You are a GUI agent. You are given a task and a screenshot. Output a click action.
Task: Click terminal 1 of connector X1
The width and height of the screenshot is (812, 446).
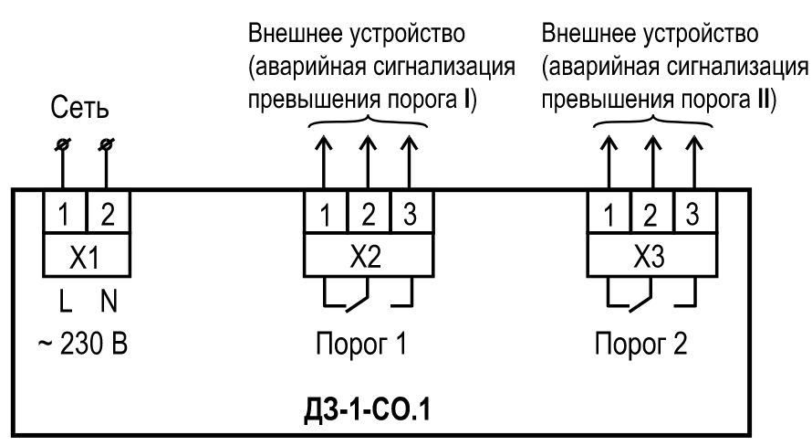64,213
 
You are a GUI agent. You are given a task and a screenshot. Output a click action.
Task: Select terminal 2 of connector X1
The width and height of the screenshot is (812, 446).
108,213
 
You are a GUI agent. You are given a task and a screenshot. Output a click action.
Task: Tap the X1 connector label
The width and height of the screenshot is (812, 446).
85,257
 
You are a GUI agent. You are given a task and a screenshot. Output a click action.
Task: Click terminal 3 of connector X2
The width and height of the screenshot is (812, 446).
411,213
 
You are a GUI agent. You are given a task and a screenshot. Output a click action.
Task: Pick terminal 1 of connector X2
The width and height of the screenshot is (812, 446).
325,213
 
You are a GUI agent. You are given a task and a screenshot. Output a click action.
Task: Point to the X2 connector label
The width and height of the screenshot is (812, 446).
366,256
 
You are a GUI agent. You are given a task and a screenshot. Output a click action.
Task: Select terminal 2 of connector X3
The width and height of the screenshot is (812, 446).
651,213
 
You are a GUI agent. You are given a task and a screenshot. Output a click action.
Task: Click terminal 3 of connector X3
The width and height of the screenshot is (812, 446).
694,213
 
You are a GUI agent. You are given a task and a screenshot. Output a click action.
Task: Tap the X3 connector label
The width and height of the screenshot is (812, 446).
650,256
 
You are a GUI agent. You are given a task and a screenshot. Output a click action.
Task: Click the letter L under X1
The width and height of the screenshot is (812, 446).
65,302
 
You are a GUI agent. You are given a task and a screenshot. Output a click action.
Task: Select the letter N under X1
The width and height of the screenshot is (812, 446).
109,302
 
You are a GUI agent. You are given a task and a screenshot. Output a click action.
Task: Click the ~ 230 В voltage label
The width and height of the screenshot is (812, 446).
83,344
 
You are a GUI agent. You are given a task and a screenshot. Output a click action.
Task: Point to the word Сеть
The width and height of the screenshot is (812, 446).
79,108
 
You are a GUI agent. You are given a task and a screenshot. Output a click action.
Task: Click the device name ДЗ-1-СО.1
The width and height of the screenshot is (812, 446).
367,410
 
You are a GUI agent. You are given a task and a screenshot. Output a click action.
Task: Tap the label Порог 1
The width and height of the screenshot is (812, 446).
361,344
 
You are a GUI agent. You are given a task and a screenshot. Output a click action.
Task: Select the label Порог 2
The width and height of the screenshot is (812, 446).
640,344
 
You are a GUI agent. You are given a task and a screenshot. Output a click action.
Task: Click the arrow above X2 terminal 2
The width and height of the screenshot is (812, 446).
367,161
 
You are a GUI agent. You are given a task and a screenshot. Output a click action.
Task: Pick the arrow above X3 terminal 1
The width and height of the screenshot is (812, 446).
609,161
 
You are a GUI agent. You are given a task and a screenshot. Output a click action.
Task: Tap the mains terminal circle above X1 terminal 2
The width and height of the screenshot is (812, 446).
107,145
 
